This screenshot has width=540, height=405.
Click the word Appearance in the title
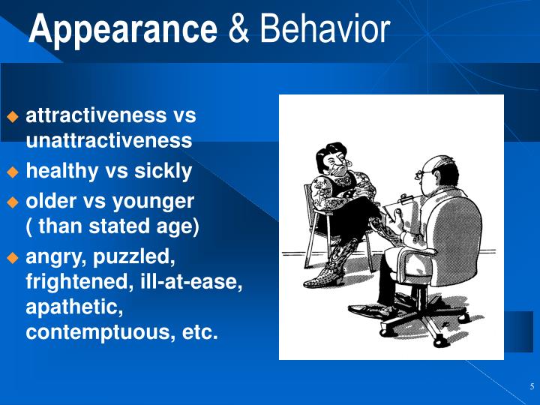123,30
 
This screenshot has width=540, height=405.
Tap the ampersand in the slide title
238,30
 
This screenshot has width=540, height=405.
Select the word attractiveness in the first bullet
97,115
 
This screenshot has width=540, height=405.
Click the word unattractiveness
109,140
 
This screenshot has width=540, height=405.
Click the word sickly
163,171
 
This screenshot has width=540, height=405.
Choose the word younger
158,201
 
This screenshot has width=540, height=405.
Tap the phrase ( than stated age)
112,226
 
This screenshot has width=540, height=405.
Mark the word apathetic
74,307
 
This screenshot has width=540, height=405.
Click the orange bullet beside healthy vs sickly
12,172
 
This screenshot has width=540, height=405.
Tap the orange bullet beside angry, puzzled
12,257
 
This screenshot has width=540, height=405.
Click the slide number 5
531,387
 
